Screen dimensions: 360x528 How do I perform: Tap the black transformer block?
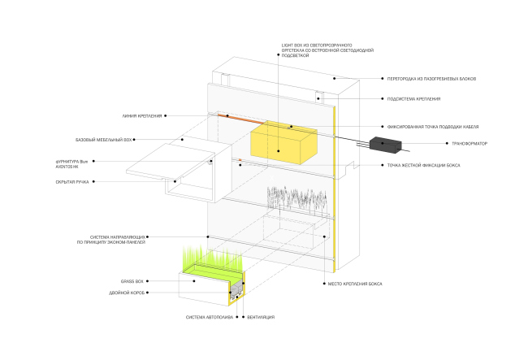[388, 145]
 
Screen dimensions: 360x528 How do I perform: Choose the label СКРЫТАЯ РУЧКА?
[72, 182]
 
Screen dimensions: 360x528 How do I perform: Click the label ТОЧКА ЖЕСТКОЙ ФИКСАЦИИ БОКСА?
[424, 166]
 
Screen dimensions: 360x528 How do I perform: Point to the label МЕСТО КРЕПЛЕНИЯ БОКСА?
[357, 284]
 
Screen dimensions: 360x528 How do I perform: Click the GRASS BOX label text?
[132, 280]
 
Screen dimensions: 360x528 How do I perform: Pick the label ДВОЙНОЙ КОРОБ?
[128, 293]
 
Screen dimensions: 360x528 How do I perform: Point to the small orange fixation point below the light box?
[240, 160]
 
